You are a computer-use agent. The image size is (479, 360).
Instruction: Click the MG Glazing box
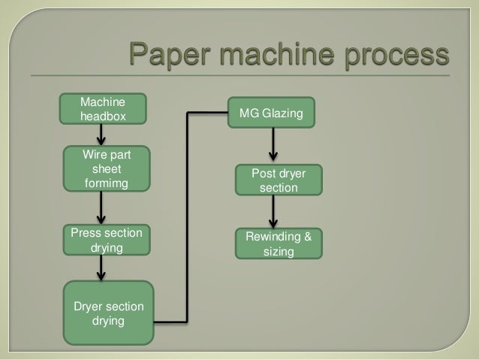coord(273,113)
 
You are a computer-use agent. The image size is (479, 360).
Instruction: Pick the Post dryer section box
coord(279,180)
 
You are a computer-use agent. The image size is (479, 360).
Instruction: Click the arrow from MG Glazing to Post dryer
coord(273,144)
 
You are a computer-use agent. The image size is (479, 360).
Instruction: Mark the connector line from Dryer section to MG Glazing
coord(186,218)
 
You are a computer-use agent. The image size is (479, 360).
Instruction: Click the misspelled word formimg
coord(106,183)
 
